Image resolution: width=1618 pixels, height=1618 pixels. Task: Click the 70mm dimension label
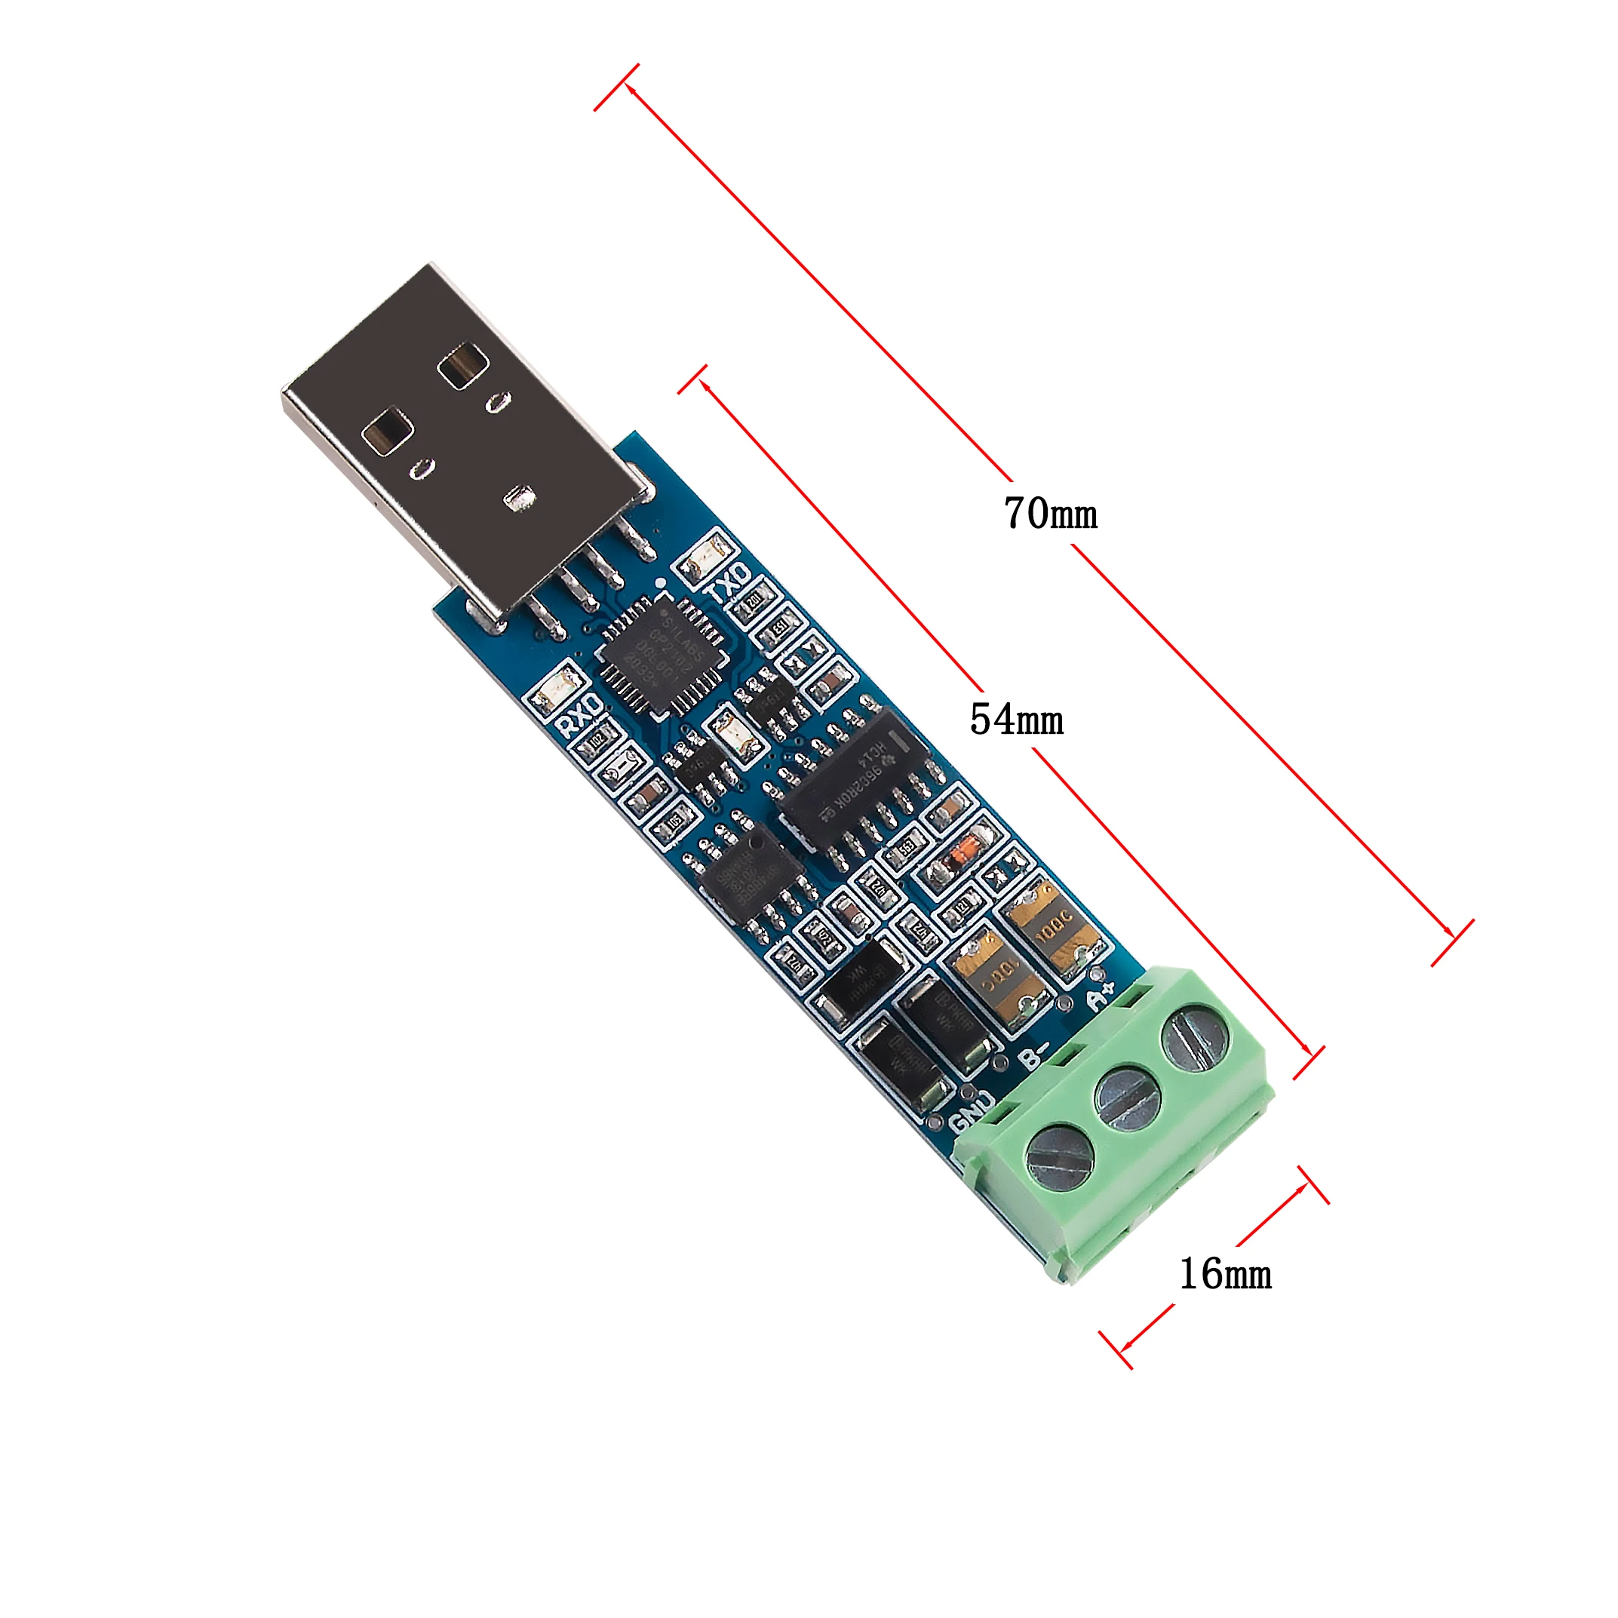click(x=1050, y=514)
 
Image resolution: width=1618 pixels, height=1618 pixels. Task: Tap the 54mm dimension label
click(x=1016, y=720)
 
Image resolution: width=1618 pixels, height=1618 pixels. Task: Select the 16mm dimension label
click(x=1225, y=1274)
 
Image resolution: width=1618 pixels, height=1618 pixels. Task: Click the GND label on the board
click(x=972, y=1110)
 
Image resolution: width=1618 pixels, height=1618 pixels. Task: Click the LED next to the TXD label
click(x=706, y=559)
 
